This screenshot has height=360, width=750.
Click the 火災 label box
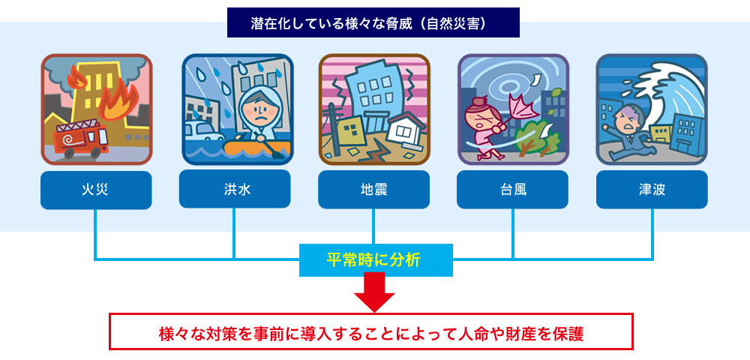96,190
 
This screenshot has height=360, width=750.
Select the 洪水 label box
235,189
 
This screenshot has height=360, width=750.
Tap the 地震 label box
374,190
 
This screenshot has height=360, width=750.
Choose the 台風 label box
513,190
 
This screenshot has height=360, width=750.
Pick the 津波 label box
652,190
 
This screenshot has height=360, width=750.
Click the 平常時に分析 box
376,260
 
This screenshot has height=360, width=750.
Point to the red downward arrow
374,292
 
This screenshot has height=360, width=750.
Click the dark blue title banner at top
373,22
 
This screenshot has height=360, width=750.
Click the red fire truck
80,139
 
